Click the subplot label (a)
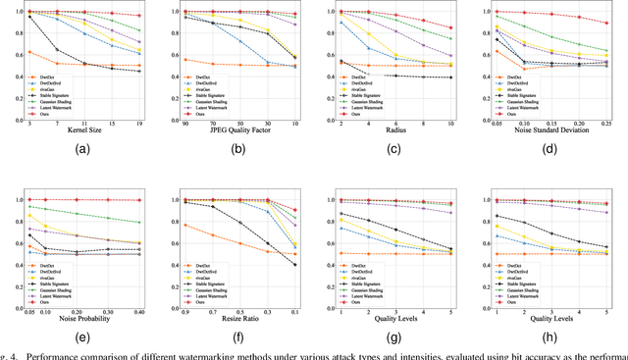pos(83,150)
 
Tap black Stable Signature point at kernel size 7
pos(57,50)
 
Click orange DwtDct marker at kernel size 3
pos(30,52)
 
